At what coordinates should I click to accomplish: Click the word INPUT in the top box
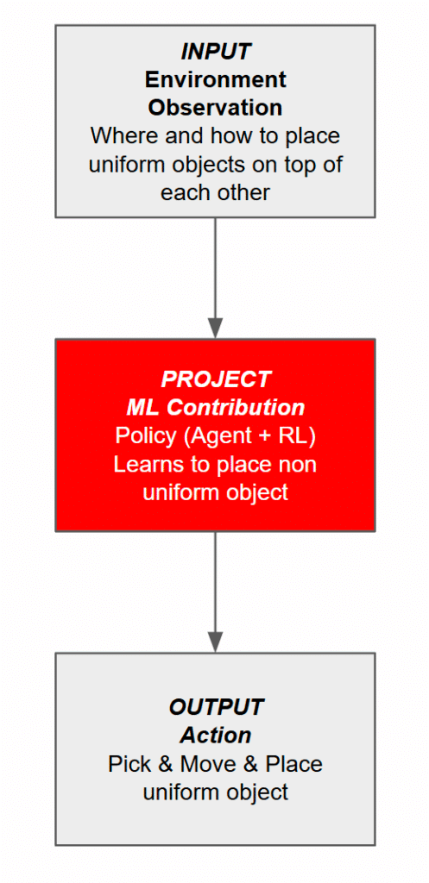215,51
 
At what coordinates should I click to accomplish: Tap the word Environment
215,79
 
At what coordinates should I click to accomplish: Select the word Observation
215,108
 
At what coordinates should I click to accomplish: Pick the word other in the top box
243,192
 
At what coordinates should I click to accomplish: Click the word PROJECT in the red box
215,379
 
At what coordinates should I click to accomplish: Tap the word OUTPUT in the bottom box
215,707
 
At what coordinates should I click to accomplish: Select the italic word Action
215,736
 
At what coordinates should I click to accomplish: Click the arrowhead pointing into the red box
215,328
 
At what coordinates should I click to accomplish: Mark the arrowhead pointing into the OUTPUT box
215,642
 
